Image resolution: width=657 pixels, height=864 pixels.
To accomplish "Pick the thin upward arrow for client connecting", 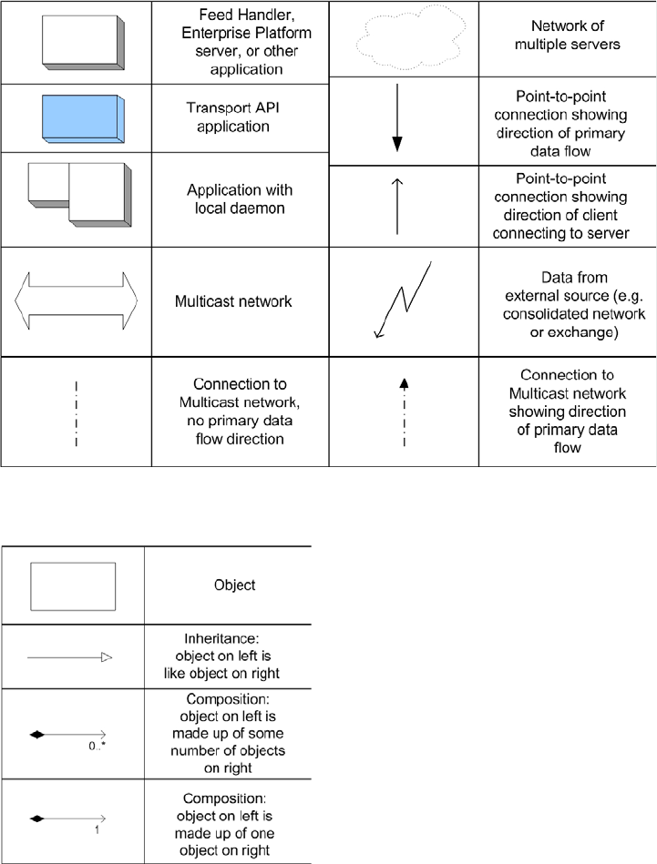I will (x=397, y=206).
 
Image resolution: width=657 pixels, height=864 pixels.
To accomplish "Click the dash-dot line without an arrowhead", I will (x=77, y=412).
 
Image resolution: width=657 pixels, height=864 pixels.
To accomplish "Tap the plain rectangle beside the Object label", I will (x=73, y=585).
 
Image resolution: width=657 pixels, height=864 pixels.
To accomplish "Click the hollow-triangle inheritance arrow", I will (x=69, y=655).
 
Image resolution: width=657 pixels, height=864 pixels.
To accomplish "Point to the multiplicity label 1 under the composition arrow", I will (x=97, y=830).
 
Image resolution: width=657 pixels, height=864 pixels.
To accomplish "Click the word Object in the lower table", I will (x=228, y=585).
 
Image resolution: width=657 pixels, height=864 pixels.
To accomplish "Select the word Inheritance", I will (x=228, y=640).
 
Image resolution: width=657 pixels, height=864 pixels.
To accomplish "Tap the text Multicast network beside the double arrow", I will (x=233, y=300).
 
